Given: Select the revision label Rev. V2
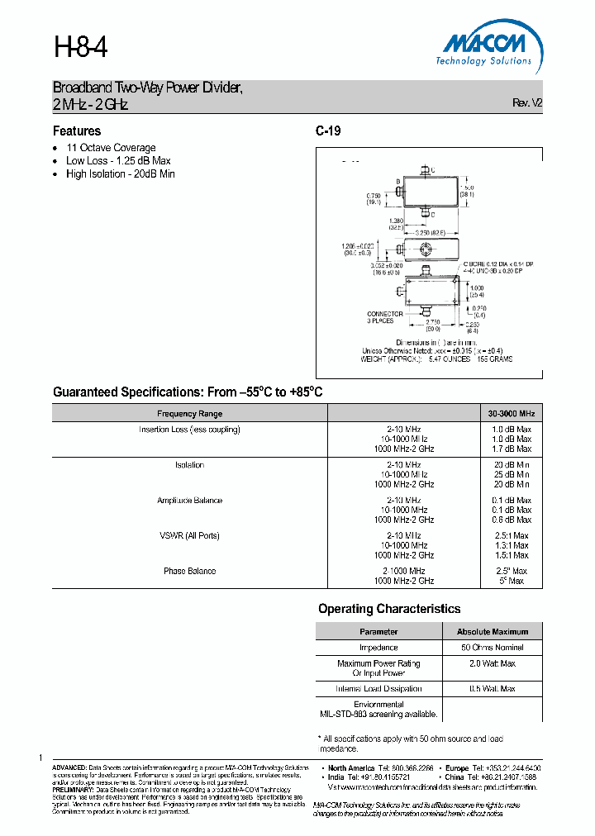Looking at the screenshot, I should (x=527, y=103).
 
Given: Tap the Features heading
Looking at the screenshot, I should (x=77, y=131).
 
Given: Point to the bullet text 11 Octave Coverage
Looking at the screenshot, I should (x=111, y=148).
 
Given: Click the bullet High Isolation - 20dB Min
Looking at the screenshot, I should (x=121, y=174).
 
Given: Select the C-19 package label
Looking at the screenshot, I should (x=328, y=131).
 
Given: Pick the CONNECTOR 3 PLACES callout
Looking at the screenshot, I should (x=385, y=317).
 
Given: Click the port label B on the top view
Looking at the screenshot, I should (x=397, y=181).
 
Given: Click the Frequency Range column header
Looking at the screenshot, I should (x=189, y=413).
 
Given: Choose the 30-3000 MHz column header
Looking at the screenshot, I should (x=512, y=413).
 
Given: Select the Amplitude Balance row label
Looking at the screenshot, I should (x=189, y=501).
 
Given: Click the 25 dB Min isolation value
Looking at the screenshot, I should (x=512, y=475).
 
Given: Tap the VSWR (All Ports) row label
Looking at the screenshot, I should (x=189, y=535).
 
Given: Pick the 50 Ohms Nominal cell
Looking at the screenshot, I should (x=493, y=648).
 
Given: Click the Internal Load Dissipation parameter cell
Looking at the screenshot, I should (x=378, y=688).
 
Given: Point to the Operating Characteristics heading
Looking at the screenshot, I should (x=389, y=609).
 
